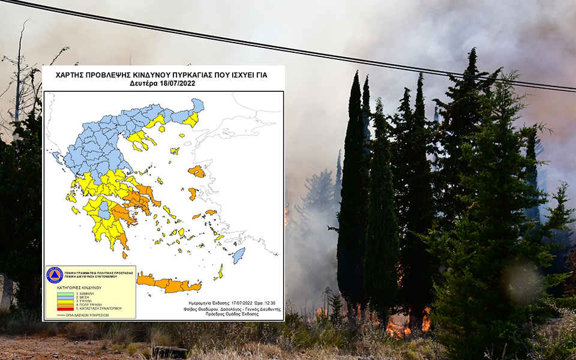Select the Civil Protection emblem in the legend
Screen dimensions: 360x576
tap(55, 275)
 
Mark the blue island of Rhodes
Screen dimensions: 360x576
tap(238, 256)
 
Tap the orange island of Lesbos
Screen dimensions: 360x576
tap(197, 172)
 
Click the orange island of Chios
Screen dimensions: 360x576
tap(193, 194)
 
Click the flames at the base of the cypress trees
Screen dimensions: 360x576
tap(399, 327)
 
